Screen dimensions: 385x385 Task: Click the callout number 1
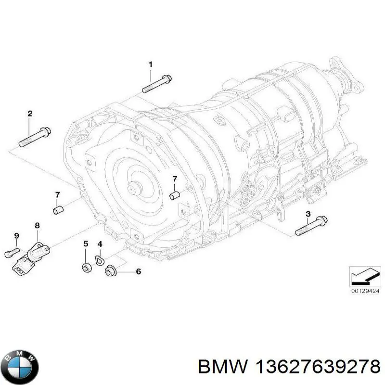[150, 64]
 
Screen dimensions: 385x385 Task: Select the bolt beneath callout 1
[156, 83]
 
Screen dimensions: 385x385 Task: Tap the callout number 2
[30, 114]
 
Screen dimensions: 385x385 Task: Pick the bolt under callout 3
[311, 226]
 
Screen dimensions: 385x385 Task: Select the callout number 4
[100, 244]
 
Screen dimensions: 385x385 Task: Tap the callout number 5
[86, 244]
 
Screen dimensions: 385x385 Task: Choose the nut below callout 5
[86, 269]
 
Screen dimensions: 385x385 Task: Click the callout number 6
[139, 272]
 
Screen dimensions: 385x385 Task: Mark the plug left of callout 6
[110, 272]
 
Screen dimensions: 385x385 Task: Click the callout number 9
[16, 235]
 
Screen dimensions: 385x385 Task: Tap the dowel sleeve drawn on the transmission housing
[175, 195]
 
